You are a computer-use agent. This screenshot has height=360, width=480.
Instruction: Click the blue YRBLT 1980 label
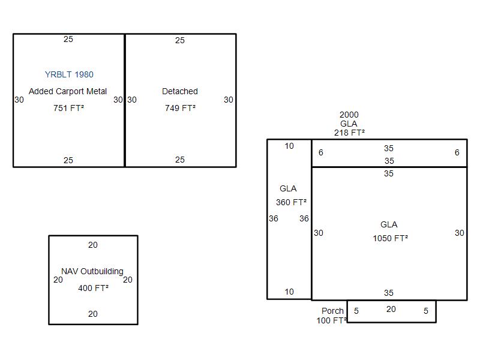click(69, 74)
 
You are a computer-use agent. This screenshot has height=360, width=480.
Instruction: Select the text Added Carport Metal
click(68, 91)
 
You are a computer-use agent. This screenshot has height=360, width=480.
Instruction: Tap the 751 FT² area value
click(68, 108)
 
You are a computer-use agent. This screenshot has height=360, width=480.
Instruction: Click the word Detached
click(180, 91)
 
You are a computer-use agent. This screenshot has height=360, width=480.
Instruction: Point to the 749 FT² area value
click(181, 108)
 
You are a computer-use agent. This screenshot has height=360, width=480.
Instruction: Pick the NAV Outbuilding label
click(92, 271)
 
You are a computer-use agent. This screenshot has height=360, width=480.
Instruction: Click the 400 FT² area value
click(94, 288)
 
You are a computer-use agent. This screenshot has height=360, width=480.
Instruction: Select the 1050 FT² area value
click(391, 238)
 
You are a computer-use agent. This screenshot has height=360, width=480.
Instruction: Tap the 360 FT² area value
click(291, 202)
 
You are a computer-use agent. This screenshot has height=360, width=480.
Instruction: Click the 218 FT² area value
click(349, 133)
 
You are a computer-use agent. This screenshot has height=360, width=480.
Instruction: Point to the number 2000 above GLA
click(349, 115)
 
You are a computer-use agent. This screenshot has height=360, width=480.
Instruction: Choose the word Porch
click(332, 311)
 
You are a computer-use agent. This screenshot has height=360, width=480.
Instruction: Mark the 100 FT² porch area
click(332, 320)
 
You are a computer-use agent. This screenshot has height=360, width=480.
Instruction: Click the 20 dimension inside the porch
click(391, 309)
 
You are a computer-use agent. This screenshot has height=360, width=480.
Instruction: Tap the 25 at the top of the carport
click(68, 39)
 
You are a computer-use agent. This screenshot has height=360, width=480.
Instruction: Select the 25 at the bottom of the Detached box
click(180, 160)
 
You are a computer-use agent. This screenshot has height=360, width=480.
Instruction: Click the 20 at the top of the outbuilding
click(93, 245)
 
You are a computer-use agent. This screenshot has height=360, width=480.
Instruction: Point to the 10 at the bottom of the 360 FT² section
click(289, 292)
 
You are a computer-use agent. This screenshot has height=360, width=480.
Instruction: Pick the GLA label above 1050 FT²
click(389, 224)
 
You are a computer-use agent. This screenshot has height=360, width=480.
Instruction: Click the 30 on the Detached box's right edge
click(229, 100)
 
